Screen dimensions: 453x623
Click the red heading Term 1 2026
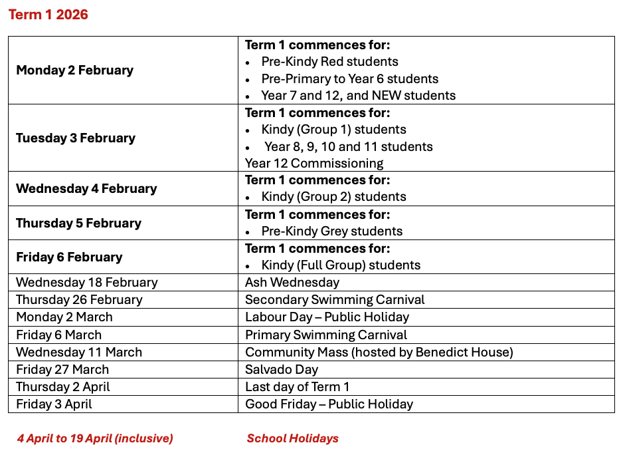tap(48, 15)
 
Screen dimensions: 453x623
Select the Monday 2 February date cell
tap(74, 71)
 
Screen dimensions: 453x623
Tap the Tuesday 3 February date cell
tap(76, 138)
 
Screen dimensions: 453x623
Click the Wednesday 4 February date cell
tap(86, 189)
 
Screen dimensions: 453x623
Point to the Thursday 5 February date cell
tap(78, 224)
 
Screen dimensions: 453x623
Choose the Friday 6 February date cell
tap(69, 257)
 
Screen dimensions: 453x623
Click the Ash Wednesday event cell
tap(292, 283)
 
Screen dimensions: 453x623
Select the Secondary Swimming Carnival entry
tap(335, 300)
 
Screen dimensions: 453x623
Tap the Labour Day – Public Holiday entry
tap(327, 317)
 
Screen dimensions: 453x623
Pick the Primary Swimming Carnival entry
tap(326, 335)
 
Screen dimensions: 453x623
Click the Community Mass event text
tap(379, 352)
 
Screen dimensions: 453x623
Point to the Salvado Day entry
tap(282, 369)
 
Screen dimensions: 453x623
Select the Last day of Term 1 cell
tap(297, 386)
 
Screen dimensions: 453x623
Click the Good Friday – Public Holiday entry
tap(329, 404)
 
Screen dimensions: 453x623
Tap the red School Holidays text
tap(292, 438)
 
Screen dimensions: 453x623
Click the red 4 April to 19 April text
tap(95, 438)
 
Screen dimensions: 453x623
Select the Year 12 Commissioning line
tap(314, 164)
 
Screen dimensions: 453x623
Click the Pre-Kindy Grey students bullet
tap(331, 231)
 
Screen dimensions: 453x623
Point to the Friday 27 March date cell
tap(62, 369)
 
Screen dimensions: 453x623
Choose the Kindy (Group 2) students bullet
tap(333, 197)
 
